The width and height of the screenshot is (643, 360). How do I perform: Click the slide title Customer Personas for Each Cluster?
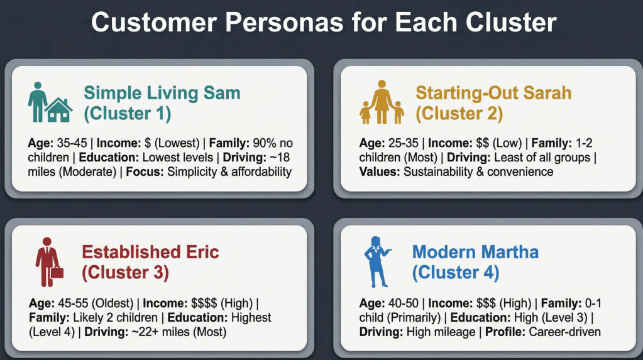coord(324,22)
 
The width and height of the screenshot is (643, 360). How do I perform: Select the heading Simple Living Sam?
coord(162,92)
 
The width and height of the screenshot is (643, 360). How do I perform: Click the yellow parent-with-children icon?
coord(382,102)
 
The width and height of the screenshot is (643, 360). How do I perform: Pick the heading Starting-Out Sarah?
coord(493,92)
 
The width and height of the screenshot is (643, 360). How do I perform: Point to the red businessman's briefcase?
coord(57,272)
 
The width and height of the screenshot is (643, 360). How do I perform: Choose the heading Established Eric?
coord(150,252)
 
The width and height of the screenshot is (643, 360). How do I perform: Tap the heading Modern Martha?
coord(475,252)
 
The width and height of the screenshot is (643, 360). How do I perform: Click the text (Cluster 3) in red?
coord(125,272)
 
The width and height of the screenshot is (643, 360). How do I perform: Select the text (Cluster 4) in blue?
coord(456,272)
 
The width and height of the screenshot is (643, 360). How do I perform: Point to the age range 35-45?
coord(72,143)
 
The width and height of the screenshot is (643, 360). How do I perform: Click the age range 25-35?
coord(403,143)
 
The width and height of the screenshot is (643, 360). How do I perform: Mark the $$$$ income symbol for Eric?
coord(204,303)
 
